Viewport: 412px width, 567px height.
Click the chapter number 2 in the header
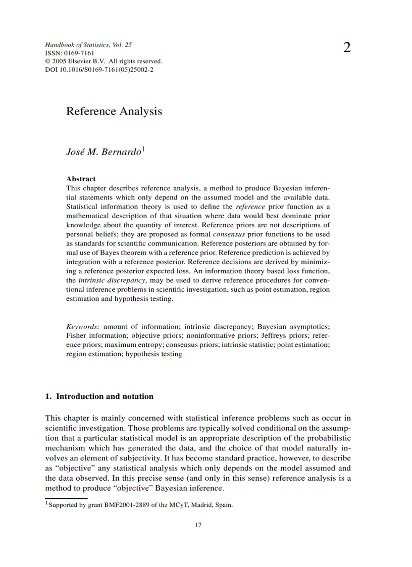(x=347, y=48)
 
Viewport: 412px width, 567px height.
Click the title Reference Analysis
(x=114, y=111)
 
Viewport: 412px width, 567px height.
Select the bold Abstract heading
(x=81, y=179)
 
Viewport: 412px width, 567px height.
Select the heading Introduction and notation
(x=105, y=396)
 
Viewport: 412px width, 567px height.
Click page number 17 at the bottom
(x=198, y=526)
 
